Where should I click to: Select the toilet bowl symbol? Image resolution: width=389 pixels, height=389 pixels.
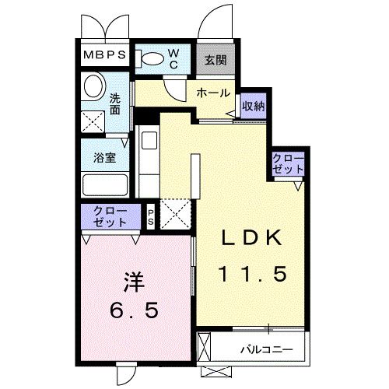(150, 58)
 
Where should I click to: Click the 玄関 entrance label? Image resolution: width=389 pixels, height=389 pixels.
(215, 59)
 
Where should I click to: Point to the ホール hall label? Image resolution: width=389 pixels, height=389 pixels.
(212, 93)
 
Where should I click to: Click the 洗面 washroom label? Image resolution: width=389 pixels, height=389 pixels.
(115, 105)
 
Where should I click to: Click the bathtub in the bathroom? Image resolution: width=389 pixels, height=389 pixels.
(104, 184)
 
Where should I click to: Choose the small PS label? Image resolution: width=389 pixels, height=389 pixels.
(151, 216)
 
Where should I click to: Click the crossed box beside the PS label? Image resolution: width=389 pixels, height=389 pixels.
(174, 213)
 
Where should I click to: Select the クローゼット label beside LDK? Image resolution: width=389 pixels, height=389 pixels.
(288, 163)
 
